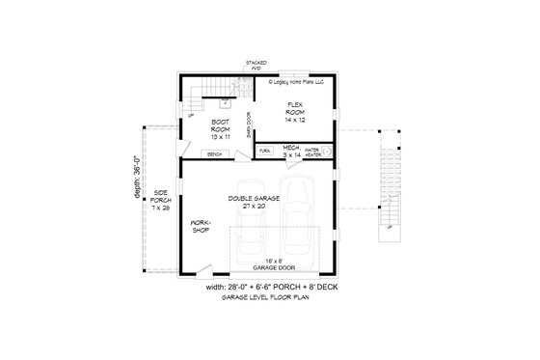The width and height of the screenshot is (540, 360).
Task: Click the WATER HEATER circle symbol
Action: tap(325, 152)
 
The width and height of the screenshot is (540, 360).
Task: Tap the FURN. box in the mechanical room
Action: tap(265, 152)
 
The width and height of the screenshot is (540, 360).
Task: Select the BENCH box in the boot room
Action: tap(214, 153)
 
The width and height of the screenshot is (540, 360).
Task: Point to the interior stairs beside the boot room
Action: tap(196, 95)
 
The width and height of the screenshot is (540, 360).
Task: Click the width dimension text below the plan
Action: tap(272, 288)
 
